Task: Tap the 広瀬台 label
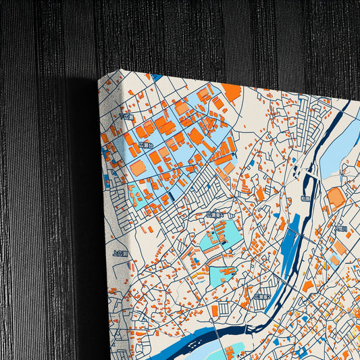(x=145, y=145)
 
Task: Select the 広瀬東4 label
(x=215, y=215)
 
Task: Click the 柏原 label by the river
(x=305, y=199)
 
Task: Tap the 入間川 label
(x=340, y=228)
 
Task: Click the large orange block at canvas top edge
(x=232, y=92)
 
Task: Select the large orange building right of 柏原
(x=336, y=198)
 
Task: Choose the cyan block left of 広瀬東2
(x=223, y=275)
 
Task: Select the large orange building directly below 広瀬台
(x=138, y=167)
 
